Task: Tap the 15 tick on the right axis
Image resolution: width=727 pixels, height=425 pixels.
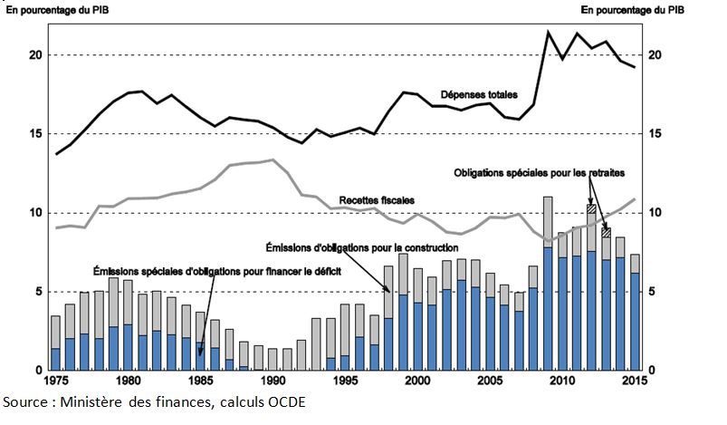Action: point(656,134)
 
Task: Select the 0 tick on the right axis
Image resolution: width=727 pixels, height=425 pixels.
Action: point(654,371)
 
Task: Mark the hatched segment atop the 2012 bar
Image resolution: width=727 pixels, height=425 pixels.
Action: point(591,208)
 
